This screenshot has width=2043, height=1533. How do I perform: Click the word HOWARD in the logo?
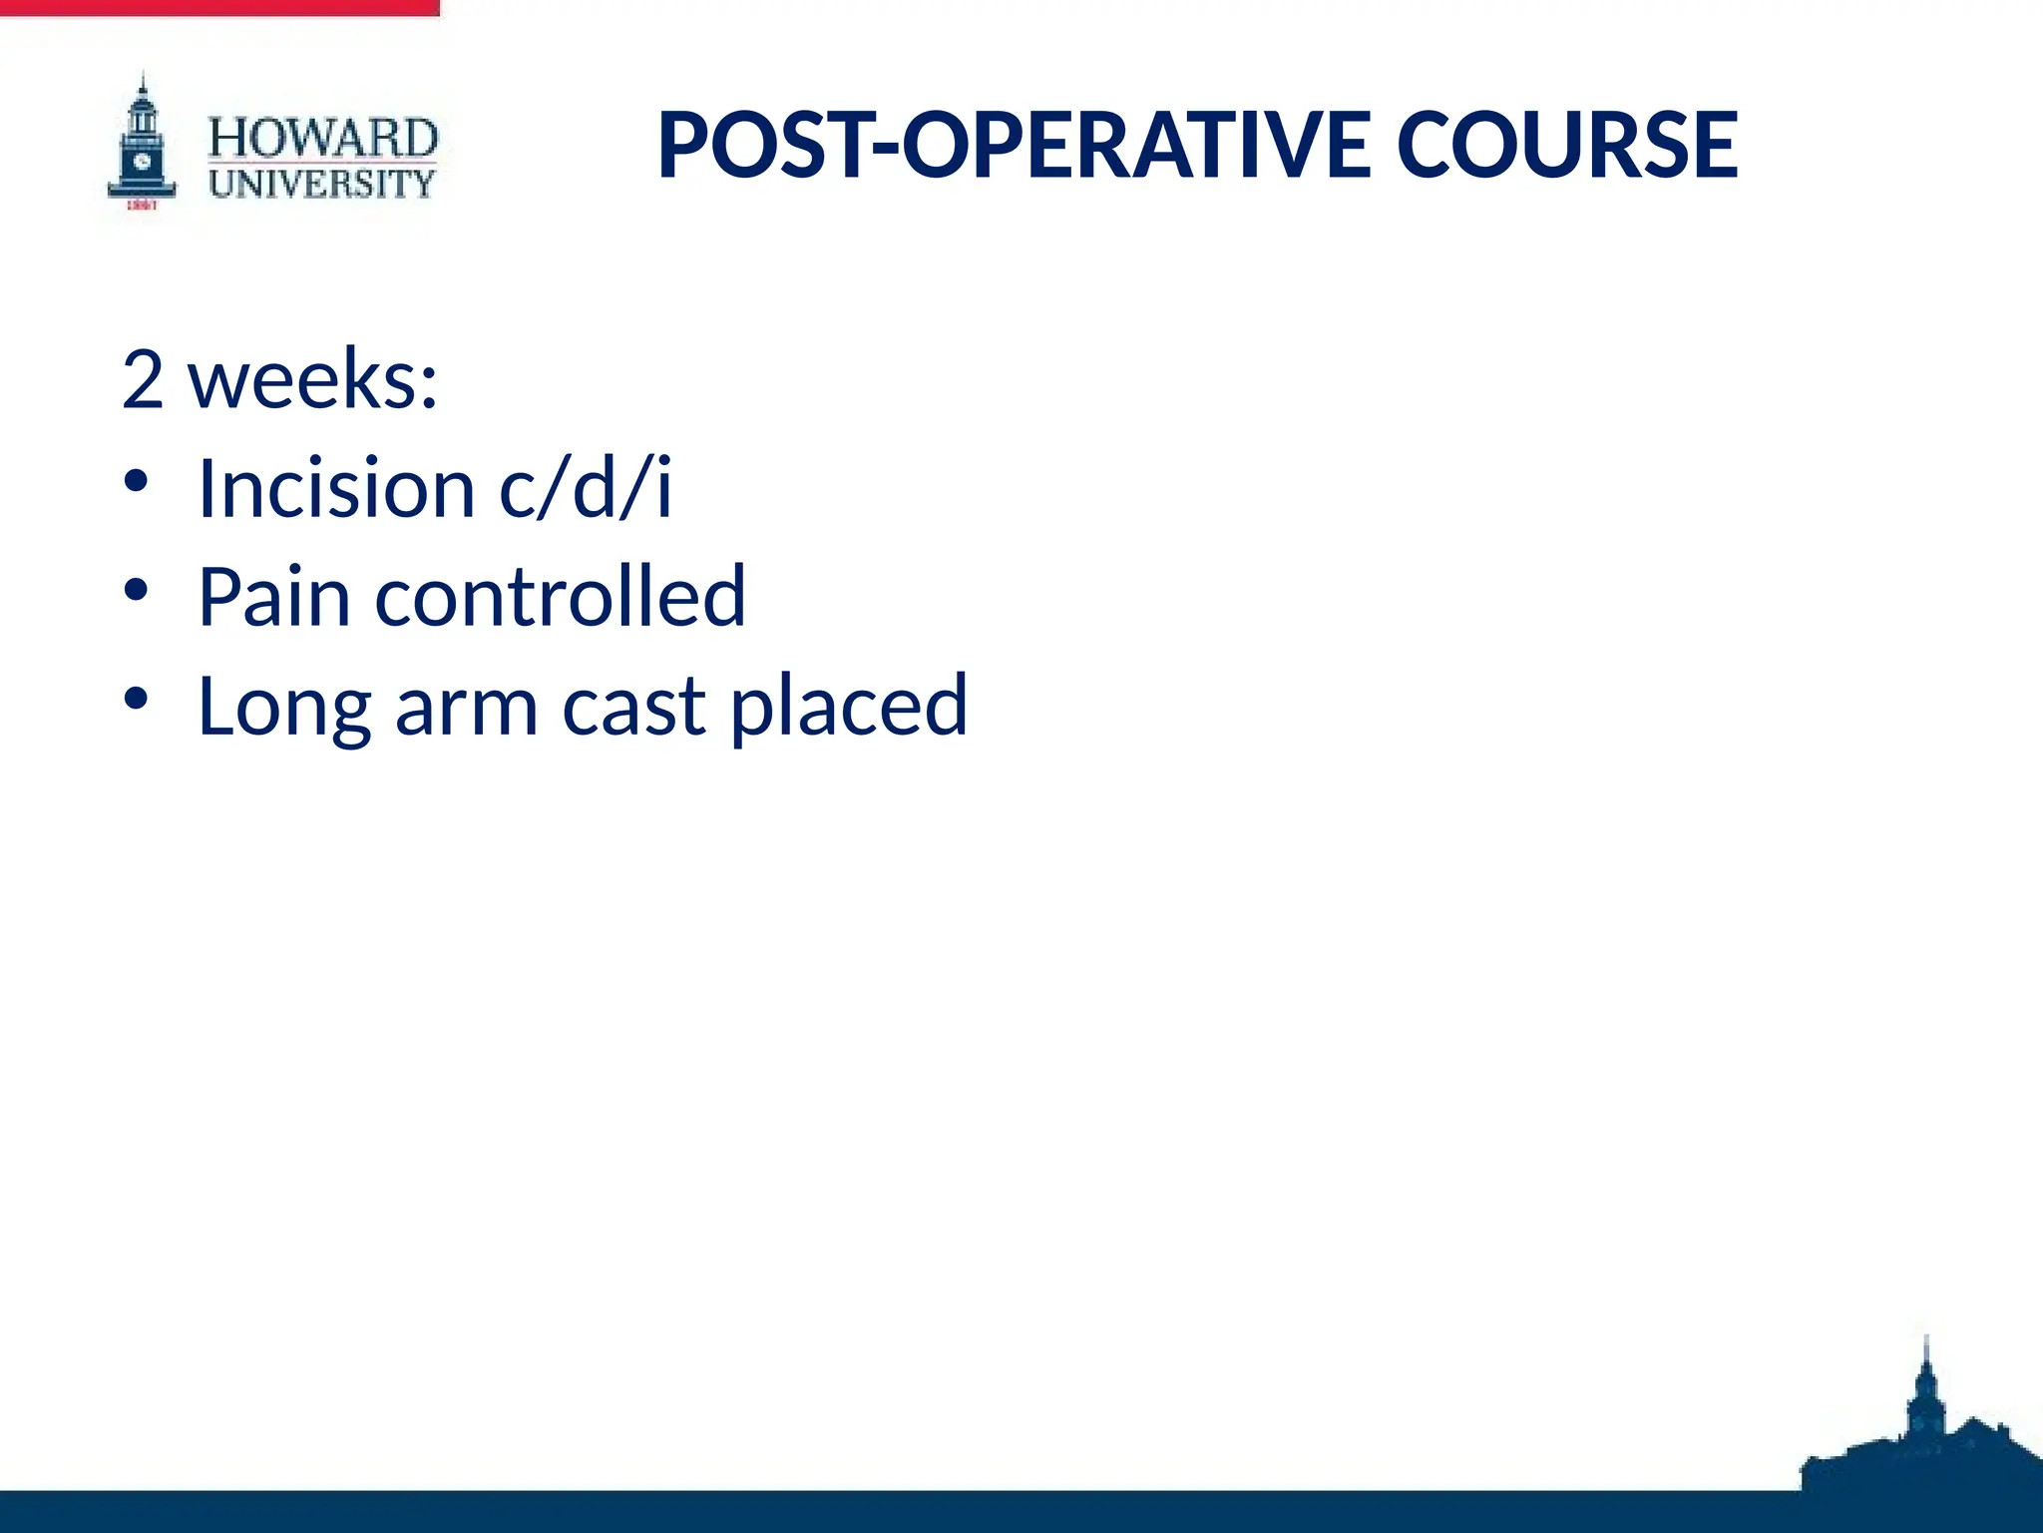pos(322,138)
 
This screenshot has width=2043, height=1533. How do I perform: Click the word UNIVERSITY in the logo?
pos(322,184)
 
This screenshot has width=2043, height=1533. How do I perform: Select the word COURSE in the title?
pos(1567,146)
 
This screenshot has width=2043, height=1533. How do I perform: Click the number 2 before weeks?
pos(143,380)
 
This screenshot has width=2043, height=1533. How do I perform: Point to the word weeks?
pos(314,380)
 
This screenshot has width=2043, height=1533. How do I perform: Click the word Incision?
pos(336,488)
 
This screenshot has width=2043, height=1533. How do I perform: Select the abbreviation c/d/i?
pos(587,488)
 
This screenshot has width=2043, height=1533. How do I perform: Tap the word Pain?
pos(274,597)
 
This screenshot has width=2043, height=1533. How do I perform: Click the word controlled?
pos(560,597)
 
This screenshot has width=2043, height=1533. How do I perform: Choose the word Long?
pos(284,707)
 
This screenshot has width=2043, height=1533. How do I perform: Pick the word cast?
pos(634,707)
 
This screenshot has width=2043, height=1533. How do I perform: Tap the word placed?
pos(849,707)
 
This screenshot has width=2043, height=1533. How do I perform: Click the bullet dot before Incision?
pos(137,482)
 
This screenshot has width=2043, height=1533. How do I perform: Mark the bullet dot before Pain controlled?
pos(137,591)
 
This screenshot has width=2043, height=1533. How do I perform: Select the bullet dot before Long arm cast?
pos(137,699)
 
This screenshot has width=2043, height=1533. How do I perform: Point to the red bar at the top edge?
pos(219,8)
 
